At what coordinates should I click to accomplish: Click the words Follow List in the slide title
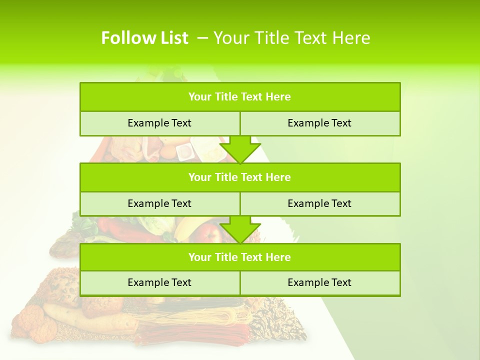click(144, 38)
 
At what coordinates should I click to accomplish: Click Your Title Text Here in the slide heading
click(292, 38)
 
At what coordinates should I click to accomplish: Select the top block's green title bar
click(240, 97)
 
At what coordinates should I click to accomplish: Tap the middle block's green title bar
click(240, 177)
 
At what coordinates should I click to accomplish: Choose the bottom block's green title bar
click(240, 257)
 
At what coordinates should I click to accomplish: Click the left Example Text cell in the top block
click(159, 123)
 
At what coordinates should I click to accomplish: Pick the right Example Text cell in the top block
click(319, 123)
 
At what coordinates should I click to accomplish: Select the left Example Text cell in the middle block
click(159, 203)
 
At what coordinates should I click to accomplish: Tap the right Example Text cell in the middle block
click(319, 203)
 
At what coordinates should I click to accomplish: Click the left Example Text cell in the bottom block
click(159, 282)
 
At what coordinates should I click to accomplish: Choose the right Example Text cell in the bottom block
click(319, 282)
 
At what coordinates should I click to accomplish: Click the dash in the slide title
click(202, 38)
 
